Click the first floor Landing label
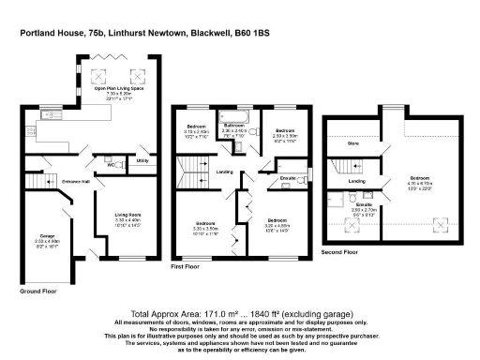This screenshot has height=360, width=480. [x=224, y=172]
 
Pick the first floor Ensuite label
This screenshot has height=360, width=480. [x=289, y=177]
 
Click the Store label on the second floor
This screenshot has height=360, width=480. [x=352, y=144]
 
